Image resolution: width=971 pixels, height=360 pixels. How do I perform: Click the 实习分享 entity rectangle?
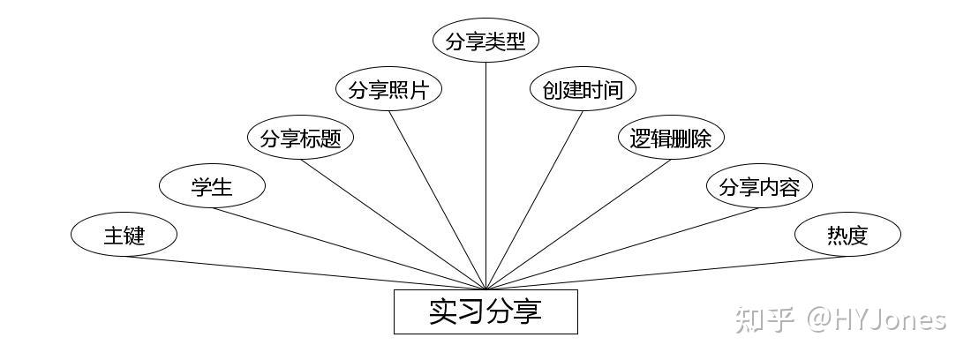coord(485,311)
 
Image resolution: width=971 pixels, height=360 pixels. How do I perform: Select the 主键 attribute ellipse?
coord(124,235)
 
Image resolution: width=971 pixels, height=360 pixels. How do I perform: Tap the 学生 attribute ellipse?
coord(212,186)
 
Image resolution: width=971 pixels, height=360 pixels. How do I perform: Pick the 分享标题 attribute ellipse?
coord(300,139)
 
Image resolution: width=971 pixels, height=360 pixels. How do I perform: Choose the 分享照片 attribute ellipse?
coord(388,90)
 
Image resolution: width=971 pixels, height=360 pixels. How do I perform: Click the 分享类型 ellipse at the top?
coord(485,41)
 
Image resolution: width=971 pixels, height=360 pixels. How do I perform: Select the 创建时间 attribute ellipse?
coord(583,90)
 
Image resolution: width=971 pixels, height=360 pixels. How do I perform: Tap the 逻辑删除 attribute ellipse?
coord(671,139)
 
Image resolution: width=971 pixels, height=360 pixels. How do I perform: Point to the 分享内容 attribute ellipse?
coord(759,186)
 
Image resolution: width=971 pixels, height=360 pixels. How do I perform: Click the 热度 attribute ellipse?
coord(847,235)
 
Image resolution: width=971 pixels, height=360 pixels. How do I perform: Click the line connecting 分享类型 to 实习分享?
coord(485,176)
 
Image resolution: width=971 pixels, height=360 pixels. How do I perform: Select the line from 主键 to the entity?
coord(305,273)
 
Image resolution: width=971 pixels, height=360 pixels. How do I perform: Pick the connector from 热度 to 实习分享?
coord(666,273)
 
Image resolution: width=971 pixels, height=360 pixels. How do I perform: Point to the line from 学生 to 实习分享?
coord(349,248)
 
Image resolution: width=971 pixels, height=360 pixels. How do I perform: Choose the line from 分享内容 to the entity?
coord(622,248)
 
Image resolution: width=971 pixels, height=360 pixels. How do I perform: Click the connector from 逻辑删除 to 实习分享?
coord(578,224)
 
